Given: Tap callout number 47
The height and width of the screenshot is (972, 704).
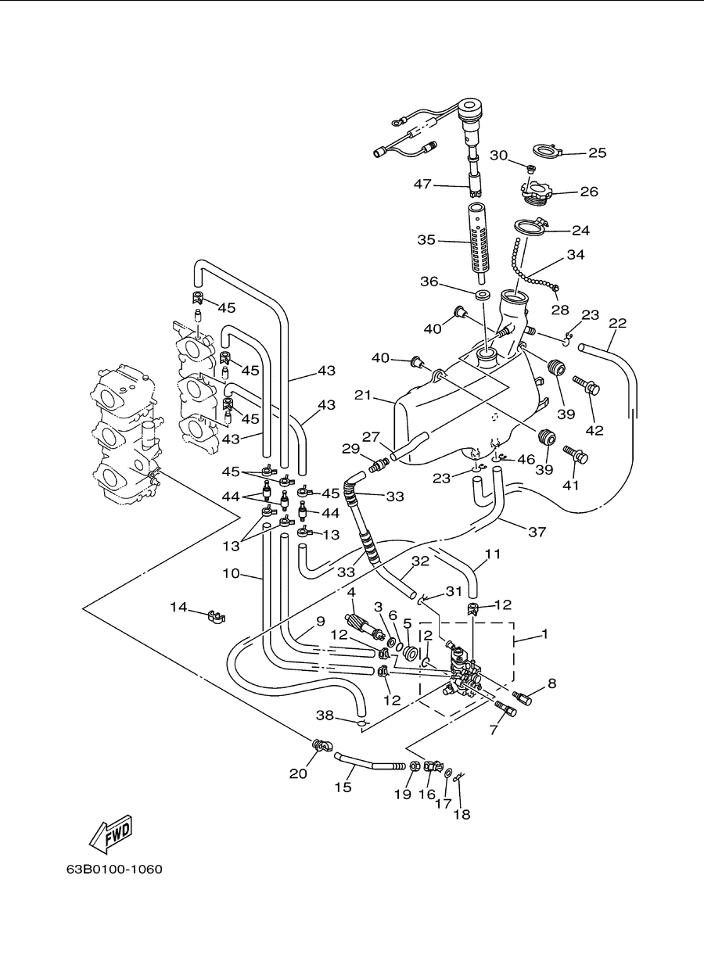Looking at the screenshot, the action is click(x=422, y=184).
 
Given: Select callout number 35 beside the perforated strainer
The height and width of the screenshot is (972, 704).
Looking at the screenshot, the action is click(x=426, y=240).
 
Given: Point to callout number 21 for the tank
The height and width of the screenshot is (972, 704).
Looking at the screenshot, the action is click(x=363, y=395).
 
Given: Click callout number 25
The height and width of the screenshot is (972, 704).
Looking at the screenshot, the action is click(x=598, y=152).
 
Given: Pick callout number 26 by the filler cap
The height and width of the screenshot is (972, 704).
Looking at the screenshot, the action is click(x=589, y=192).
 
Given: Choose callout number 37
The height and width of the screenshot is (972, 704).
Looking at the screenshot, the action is click(x=537, y=532).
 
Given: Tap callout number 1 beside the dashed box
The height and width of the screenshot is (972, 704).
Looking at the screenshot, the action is click(x=544, y=634).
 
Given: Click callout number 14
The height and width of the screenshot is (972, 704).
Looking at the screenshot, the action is click(x=178, y=607).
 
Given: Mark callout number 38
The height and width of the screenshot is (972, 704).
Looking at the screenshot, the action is click(x=325, y=715).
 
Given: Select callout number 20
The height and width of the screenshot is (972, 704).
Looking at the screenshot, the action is click(x=298, y=773).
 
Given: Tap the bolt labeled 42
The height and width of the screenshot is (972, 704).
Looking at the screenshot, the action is click(x=587, y=385).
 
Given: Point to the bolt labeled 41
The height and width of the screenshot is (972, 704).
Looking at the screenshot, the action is click(x=576, y=454).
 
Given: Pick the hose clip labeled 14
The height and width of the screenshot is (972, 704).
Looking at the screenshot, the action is click(x=215, y=615).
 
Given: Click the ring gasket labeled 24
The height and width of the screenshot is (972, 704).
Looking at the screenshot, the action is click(x=530, y=228).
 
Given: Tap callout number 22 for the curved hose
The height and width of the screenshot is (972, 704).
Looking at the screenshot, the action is click(x=618, y=323).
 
